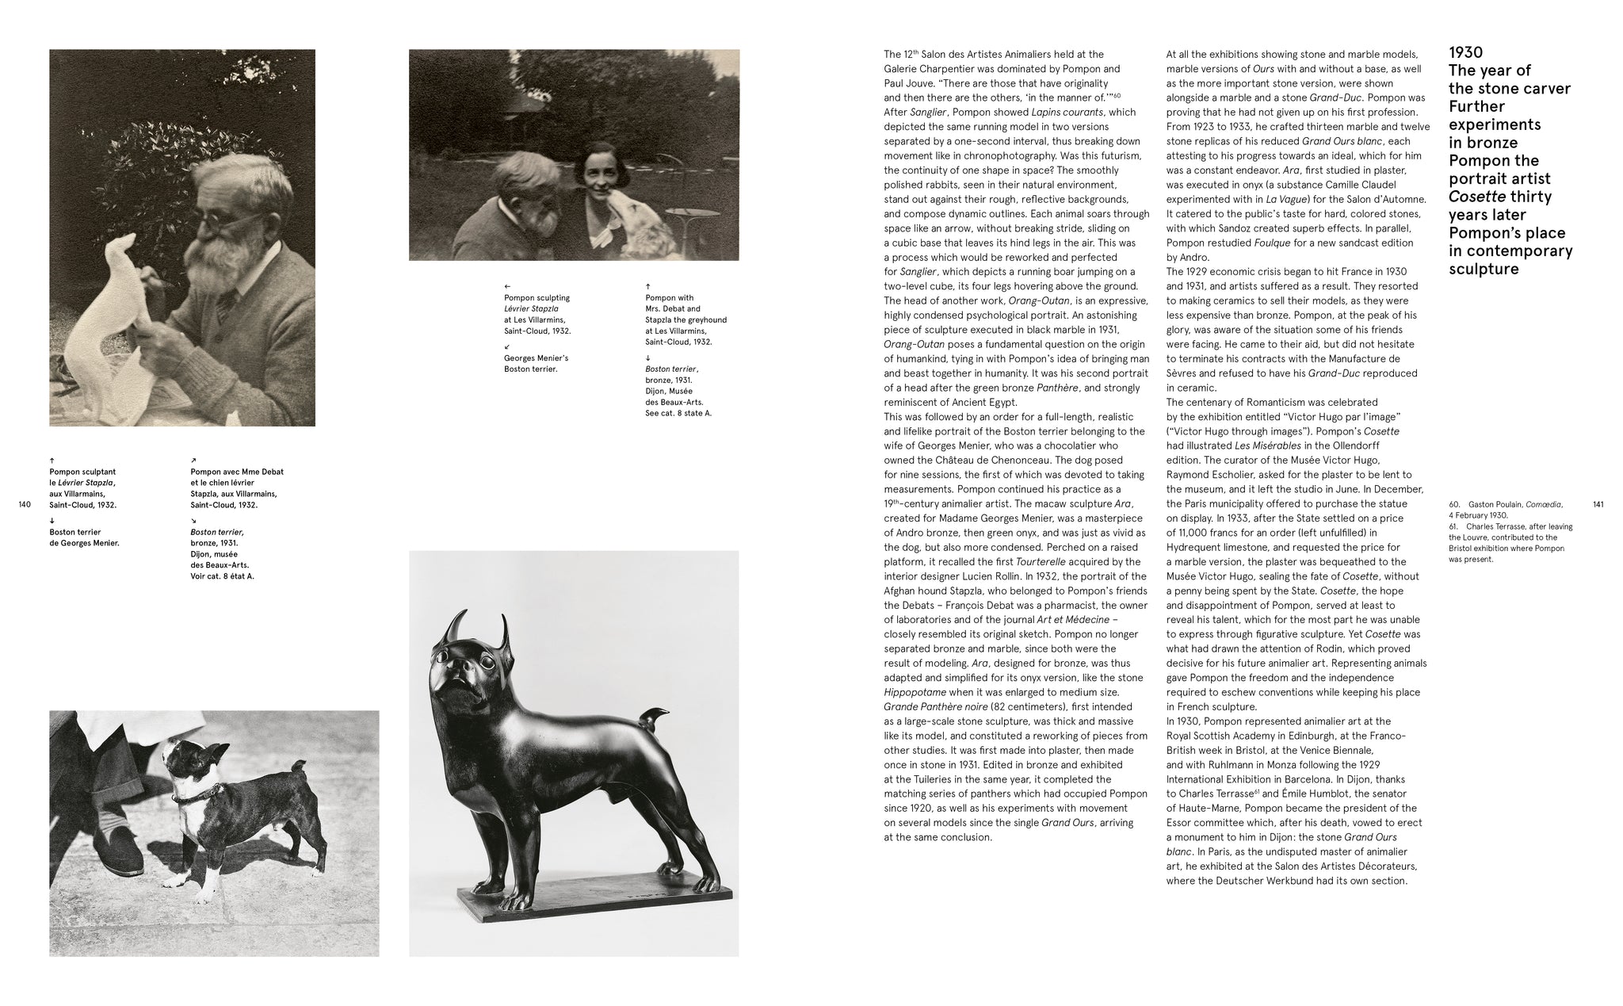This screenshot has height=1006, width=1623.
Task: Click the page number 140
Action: (24, 505)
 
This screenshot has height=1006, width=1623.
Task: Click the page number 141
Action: (1598, 504)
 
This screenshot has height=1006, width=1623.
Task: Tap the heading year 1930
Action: (1465, 52)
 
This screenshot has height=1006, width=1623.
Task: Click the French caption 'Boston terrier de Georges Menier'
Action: (84, 537)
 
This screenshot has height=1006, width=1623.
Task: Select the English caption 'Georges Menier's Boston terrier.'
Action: (536, 364)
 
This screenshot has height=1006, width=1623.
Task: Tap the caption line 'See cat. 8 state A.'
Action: (678, 413)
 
